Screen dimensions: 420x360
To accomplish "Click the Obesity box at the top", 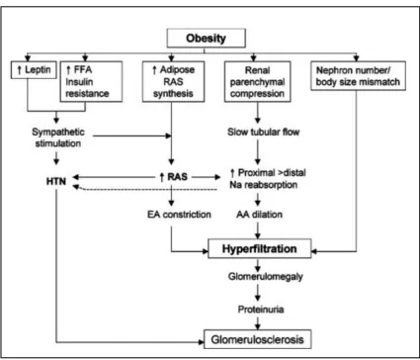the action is [207, 38].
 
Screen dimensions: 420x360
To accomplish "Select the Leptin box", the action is [34, 70].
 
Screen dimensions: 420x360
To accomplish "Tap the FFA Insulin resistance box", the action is [91, 81].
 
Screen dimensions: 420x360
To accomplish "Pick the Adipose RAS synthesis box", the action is [173, 81].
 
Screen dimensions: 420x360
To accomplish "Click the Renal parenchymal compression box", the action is [258, 81].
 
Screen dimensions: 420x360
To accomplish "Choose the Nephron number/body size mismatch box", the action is [358, 75].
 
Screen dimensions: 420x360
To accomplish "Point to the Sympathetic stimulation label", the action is [58, 137].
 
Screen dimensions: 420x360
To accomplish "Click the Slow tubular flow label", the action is [264, 133].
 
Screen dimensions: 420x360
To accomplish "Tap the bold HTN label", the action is [56, 181].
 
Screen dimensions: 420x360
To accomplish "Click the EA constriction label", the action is [179, 215].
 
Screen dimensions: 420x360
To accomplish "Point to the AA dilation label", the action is [259, 215].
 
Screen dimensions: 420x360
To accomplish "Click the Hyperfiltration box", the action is [260, 248].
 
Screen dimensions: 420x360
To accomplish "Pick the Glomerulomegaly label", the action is [266, 277].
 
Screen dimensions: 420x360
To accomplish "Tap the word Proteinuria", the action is [261, 310].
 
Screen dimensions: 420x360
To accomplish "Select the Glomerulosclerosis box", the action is [258, 339].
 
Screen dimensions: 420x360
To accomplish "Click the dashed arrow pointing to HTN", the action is [144, 189].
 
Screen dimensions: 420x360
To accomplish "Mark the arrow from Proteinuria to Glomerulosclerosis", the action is [258, 322].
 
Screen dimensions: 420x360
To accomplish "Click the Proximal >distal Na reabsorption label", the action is [268, 179].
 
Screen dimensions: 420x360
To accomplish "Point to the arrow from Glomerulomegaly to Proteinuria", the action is [258, 293].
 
